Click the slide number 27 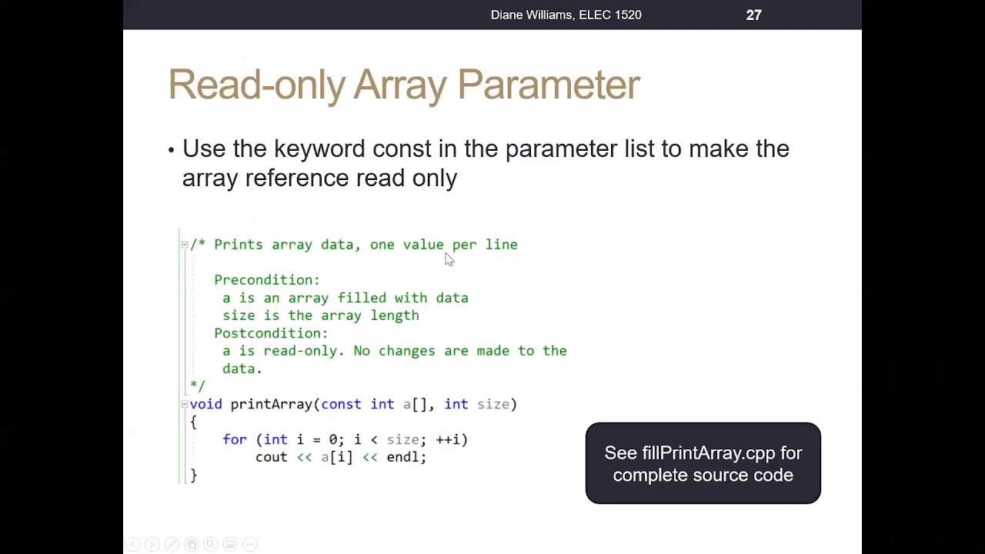click(x=753, y=15)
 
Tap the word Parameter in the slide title click(x=549, y=85)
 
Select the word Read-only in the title click(x=256, y=85)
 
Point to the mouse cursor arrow click(x=449, y=259)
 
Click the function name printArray click(x=272, y=404)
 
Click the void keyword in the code click(x=205, y=404)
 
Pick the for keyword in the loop click(x=235, y=439)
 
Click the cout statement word click(x=272, y=457)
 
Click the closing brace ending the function click(x=194, y=476)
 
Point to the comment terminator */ click(x=198, y=385)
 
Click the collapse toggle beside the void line click(x=185, y=404)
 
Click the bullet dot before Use click(x=171, y=149)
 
